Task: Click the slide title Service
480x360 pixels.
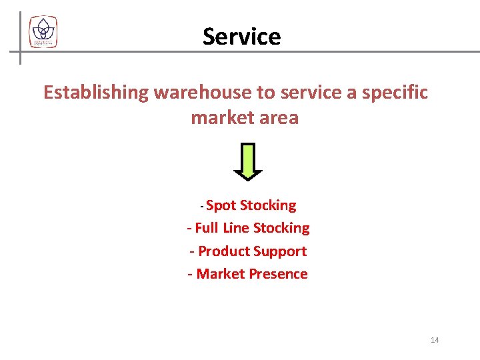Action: pos(241,36)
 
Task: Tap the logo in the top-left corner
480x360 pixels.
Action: pos(43,32)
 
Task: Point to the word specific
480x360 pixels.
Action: pos(395,93)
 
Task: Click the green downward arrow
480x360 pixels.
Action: pos(247,160)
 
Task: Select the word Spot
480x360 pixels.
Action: pos(221,205)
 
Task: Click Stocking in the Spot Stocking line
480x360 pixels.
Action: pos(268,205)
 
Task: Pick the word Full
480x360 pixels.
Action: pos(207,228)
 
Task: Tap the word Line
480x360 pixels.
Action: pos(236,228)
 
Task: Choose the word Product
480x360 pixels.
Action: pos(225,251)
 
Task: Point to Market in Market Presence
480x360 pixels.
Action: pos(222,274)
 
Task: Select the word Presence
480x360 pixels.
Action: pos(280,274)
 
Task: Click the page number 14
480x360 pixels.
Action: pos(435,340)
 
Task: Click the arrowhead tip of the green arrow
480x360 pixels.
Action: pos(247,177)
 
